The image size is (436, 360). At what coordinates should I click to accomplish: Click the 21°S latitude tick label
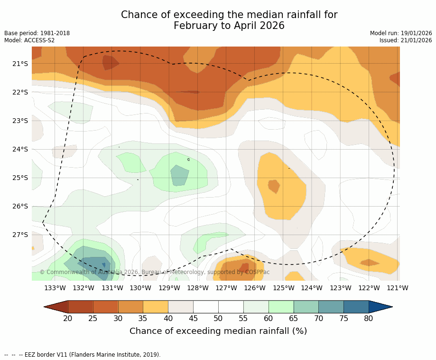pyautogui.click(x=20, y=64)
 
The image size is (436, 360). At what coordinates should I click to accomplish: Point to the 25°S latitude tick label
pyautogui.click(x=20, y=178)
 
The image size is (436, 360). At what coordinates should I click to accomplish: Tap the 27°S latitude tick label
pyautogui.click(x=20, y=235)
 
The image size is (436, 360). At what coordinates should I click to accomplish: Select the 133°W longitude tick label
pyautogui.click(x=55, y=288)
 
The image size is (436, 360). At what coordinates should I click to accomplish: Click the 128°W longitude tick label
pyautogui.click(x=198, y=288)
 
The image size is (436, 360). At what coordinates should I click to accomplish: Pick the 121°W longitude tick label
pyautogui.click(x=398, y=288)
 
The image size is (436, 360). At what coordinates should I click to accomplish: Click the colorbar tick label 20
pyautogui.click(x=68, y=318)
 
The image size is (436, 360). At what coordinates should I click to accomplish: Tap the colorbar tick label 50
pyautogui.click(x=218, y=318)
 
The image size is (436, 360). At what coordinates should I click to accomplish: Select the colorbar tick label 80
pyautogui.click(x=369, y=318)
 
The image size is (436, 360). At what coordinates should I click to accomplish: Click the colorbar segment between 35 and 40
pyautogui.click(x=156, y=307)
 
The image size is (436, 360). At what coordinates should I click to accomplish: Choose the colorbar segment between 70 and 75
pyautogui.click(x=331, y=307)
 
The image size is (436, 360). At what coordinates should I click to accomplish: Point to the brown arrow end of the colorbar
pyautogui.click(x=56, y=307)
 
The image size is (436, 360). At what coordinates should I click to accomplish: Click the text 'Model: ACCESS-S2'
pyautogui.click(x=29, y=40)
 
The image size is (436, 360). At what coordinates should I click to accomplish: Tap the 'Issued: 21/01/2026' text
pyautogui.click(x=406, y=40)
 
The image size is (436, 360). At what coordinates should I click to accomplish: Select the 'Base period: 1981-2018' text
pyautogui.click(x=37, y=33)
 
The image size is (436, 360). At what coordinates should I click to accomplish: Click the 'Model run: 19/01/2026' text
pyautogui.click(x=401, y=33)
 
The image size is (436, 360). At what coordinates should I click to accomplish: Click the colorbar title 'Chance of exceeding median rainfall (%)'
pyautogui.click(x=218, y=331)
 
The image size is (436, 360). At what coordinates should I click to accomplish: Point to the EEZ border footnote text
pyautogui.click(x=83, y=354)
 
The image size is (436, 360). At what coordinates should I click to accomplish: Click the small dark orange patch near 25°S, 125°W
pyautogui.click(x=274, y=186)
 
